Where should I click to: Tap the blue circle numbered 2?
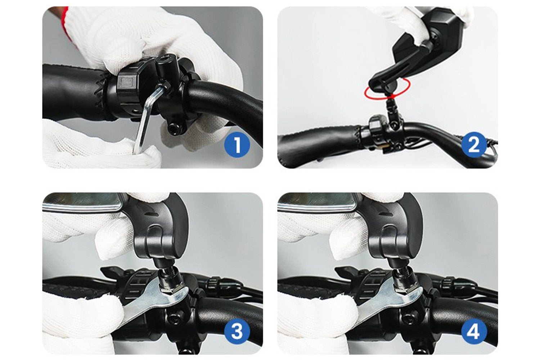(x=473, y=145)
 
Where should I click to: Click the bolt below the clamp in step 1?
(x=172, y=128)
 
